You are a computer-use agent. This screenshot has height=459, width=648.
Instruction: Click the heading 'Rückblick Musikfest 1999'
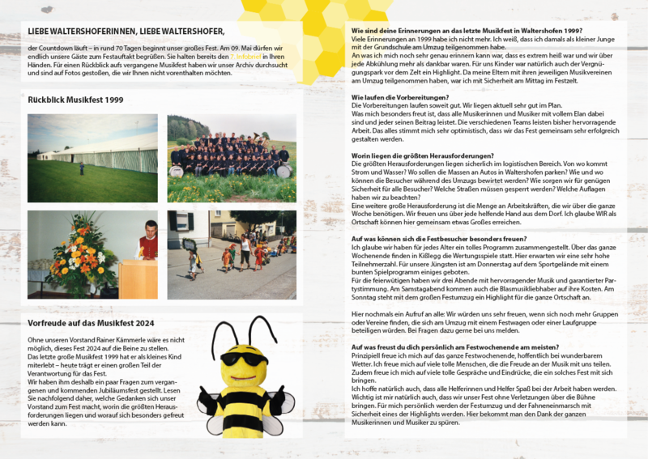tap(75, 99)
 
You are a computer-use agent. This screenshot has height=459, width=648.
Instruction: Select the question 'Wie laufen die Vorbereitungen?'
tap(400, 96)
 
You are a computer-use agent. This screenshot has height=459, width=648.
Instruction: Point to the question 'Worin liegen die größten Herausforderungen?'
tap(423, 154)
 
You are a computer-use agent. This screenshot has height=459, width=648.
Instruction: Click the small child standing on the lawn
tap(81, 168)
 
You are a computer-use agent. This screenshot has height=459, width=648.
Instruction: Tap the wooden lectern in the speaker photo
tap(138, 278)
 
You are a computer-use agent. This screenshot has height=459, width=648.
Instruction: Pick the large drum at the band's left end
tap(176, 171)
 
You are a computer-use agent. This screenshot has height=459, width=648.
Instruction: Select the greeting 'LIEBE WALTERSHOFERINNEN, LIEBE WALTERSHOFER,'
tap(126, 31)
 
